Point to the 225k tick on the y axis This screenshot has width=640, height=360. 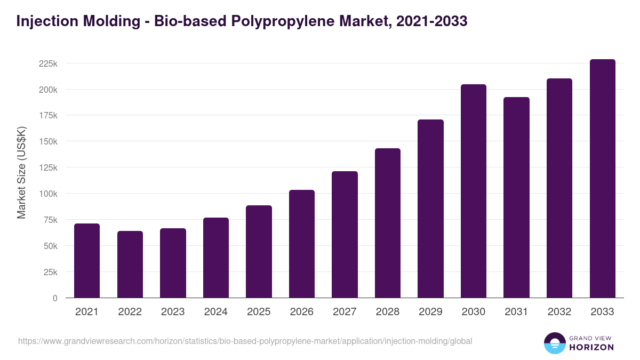[x=48, y=63]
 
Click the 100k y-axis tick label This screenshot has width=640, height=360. [x=48, y=194]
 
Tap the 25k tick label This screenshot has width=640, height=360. [x=50, y=272]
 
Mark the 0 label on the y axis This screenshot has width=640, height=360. [x=55, y=298]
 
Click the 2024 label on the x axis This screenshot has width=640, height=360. [x=215, y=312]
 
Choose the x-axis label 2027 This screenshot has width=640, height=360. [x=345, y=312]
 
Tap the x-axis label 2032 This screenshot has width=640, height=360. [x=559, y=312]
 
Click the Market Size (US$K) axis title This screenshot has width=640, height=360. [x=21, y=173]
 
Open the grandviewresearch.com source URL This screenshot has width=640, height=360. [x=245, y=341]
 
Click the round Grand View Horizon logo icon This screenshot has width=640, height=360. [x=554, y=343]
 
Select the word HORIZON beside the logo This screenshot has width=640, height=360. [x=591, y=347]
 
